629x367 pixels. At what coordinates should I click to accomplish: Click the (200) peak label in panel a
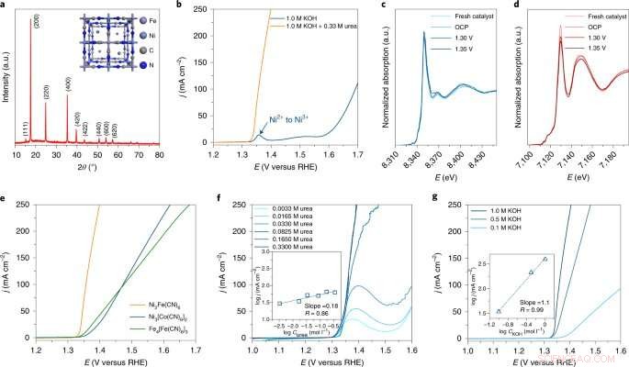point(37,20)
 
